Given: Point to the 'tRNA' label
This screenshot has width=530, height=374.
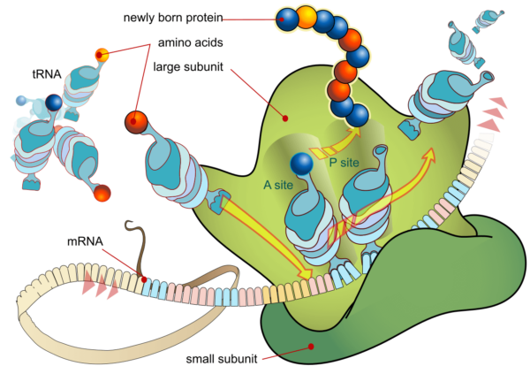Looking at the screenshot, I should pos(35,76).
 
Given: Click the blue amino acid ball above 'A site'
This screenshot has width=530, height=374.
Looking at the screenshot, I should pos(302,164).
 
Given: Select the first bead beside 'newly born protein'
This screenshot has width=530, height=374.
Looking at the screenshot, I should pos(287,17).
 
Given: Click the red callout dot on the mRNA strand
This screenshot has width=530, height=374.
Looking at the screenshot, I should pos(145,279).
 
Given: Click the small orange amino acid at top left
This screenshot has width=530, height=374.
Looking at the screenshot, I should pos(102,55).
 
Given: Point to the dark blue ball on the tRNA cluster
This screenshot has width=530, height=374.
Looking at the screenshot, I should pos(54,104).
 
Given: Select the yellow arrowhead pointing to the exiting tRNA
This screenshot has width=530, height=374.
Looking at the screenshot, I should pos(430,156).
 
